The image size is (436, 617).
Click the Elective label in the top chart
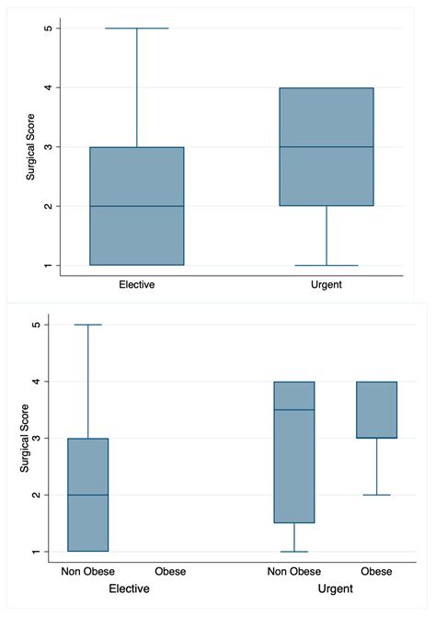tap(136, 285)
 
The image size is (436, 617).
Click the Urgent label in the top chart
tap(326, 285)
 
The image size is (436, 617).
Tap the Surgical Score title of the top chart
tap(29, 146)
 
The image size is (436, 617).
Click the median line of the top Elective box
tap(136, 206)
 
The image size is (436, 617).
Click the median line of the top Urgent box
tap(327, 147)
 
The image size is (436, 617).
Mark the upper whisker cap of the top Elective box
tap(136, 29)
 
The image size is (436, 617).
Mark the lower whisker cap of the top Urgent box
tap(327, 265)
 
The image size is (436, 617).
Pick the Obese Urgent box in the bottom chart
tap(376, 410)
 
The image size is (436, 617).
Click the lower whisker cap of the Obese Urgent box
tap(376, 495)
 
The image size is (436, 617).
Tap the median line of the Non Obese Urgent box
tap(294, 410)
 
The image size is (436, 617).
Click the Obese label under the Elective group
tap(170, 572)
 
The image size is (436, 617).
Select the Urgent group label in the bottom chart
tap(337, 588)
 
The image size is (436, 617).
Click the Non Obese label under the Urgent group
tap(294, 572)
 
